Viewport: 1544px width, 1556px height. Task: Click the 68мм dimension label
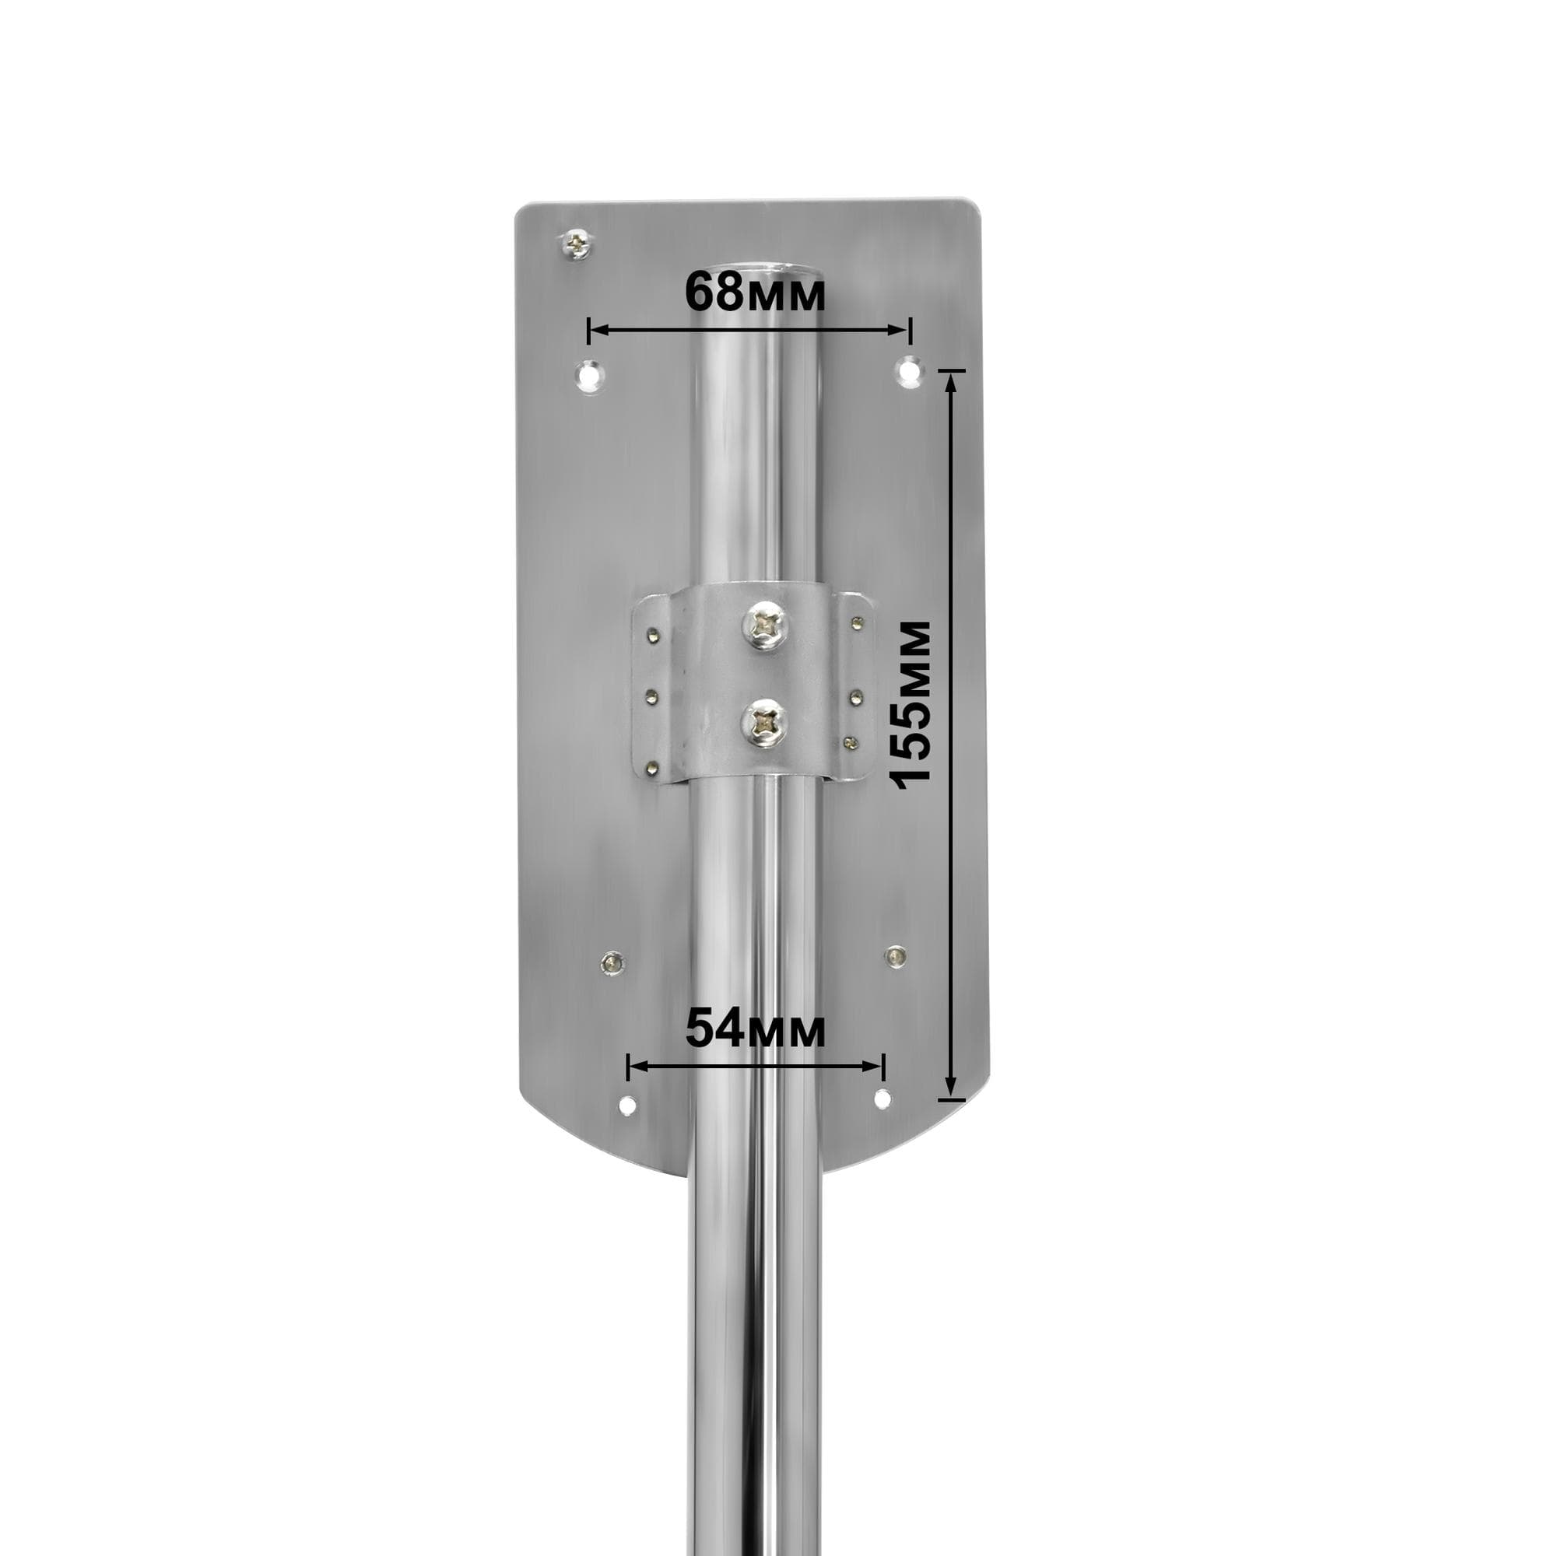(755, 292)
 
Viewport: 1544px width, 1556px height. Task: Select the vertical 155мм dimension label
(912, 704)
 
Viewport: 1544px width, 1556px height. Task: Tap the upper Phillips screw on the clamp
(763, 626)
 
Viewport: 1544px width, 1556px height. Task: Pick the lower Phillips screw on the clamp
(763, 721)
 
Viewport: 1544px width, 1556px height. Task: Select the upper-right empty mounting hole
(909, 370)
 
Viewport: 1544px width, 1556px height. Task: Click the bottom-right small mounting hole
(883, 1099)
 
